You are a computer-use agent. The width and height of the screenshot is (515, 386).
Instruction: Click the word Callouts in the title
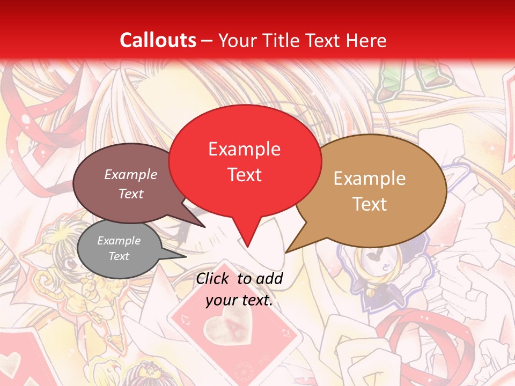coord(158,40)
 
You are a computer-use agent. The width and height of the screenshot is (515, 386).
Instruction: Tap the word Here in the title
coord(366,40)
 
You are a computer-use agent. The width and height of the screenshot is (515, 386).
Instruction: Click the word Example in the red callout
coord(244,149)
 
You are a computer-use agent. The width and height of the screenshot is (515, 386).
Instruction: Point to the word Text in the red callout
coord(244,175)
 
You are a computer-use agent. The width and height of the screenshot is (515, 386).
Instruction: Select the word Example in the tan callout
coord(370,179)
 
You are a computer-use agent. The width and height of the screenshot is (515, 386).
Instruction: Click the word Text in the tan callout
coord(370,204)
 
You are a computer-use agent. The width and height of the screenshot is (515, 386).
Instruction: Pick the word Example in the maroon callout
coord(131,174)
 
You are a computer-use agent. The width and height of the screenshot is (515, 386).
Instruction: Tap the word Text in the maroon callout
coord(131,194)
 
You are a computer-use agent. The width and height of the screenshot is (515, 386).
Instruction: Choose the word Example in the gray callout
coord(119,241)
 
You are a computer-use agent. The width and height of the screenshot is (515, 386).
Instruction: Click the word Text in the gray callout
coord(119,256)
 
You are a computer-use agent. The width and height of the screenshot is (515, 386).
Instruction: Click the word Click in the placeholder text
coord(213,278)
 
